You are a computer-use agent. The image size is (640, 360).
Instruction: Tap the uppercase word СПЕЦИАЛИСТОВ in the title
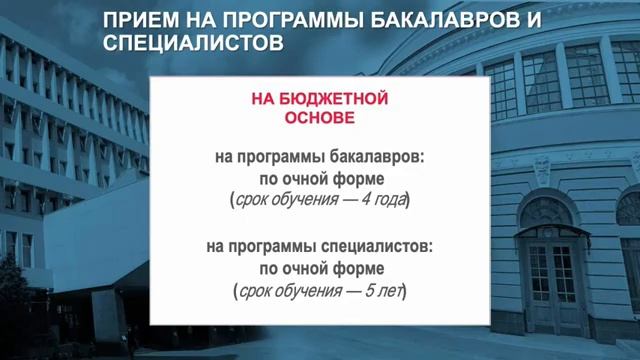[x=189, y=43]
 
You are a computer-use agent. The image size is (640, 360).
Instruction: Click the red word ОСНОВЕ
[x=321, y=118]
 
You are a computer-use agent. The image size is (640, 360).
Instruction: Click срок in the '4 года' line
[x=250, y=201]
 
